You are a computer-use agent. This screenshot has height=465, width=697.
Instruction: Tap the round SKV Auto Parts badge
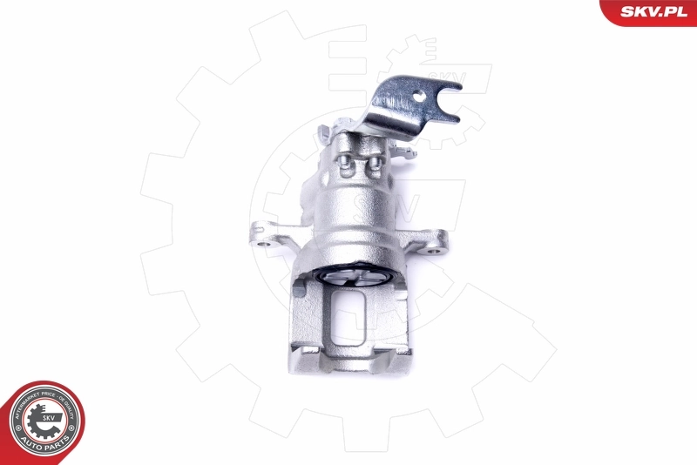(44, 422)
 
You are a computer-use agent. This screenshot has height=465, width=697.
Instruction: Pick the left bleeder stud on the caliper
(346, 164)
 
